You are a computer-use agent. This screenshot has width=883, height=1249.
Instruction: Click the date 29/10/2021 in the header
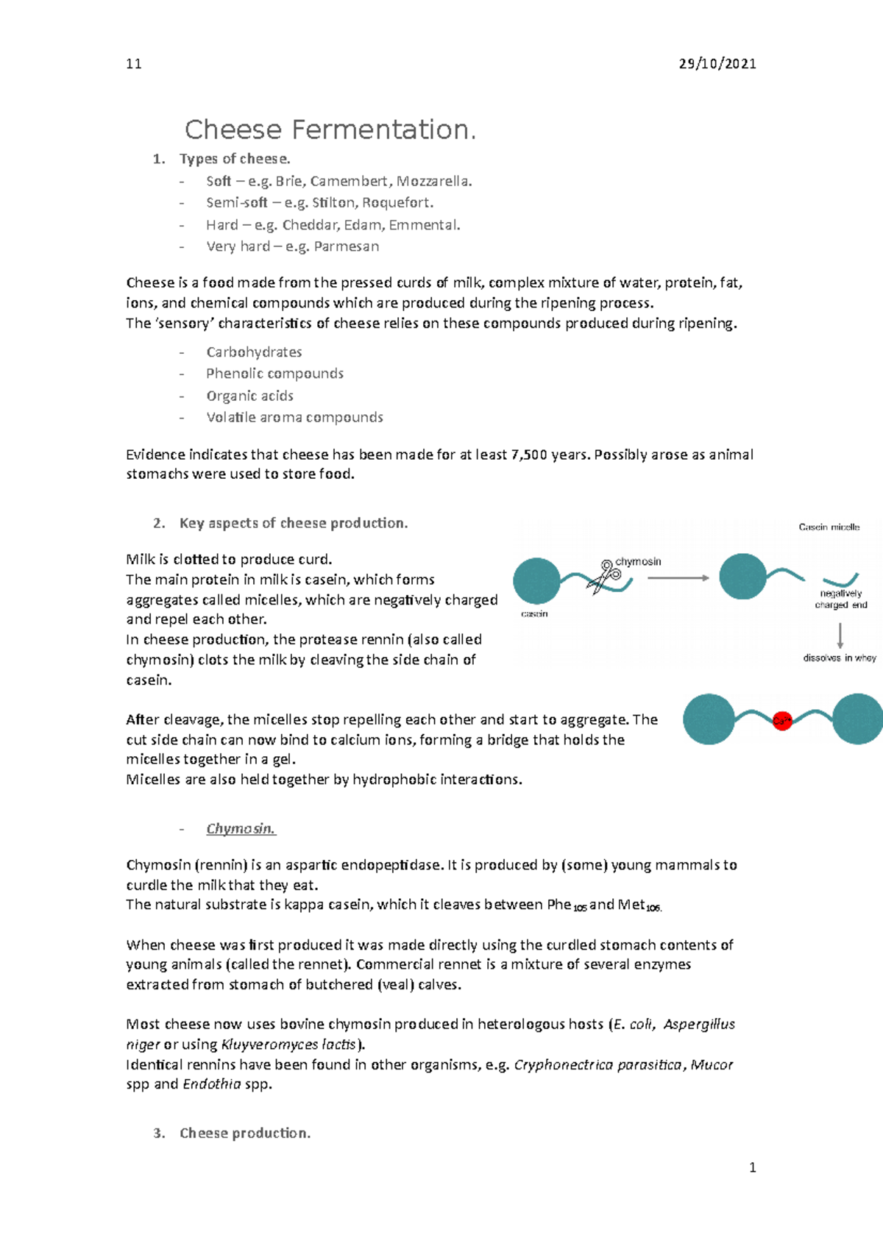(x=717, y=64)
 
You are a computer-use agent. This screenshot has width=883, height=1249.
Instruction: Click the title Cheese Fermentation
(x=330, y=130)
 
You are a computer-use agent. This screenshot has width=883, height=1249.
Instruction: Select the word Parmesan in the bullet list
(x=347, y=246)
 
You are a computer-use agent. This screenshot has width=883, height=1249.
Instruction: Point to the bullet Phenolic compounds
(x=274, y=374)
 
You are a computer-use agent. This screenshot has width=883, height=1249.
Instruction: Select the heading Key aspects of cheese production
(x=293, y=523)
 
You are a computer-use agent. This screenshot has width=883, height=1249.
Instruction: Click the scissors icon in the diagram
(x=606, y=575)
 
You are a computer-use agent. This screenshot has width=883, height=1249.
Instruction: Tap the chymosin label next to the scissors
(x=638, y=561)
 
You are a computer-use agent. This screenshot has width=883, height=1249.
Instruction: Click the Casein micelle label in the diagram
(x=829, y=527)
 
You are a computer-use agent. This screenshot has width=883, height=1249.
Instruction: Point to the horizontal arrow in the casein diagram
(x=678, y=578)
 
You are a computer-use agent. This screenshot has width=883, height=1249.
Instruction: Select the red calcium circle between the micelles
(x=782, y=721)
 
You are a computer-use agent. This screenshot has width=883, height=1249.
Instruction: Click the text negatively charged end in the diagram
(x=841, y=599)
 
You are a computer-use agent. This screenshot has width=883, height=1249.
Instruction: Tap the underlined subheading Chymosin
(x=241, y=829)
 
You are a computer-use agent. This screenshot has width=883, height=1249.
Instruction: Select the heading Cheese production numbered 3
(x=244, y=1134)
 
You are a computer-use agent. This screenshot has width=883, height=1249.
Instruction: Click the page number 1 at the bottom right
(x=752, y=1167)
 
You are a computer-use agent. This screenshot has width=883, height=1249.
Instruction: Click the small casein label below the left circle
(x=534, y=613)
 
